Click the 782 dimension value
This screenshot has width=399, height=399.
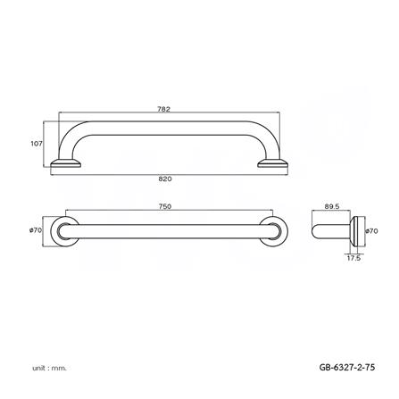click(163, 109)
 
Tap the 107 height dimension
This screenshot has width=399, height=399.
click(37, 142)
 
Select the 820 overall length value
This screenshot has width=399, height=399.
click(165, 179)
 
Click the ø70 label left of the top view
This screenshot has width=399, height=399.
click(36, 229)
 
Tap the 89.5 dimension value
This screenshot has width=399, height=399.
click(331, 206)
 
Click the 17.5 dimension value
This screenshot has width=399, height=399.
click(354, 259)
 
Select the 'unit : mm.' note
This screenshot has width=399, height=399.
click(48, 366)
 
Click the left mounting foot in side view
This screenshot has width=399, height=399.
click(66, 163)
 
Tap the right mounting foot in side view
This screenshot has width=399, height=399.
click(272, 163)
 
